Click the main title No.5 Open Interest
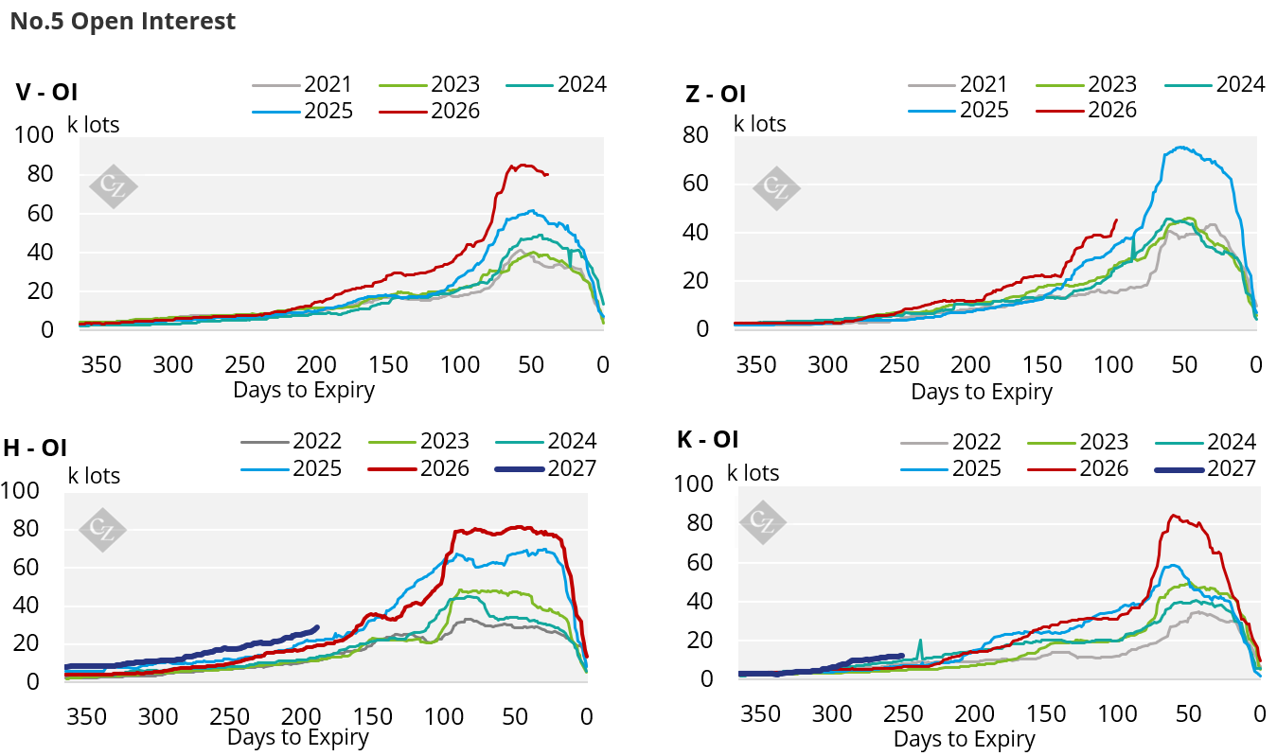point(122,22)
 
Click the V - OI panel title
point(46,93)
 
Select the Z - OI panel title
point(716,94)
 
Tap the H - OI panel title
point(35,448)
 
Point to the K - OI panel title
point(707,439)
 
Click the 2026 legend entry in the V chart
point(430,111)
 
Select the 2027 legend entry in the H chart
point(545,469)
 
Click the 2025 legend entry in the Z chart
point(958,110)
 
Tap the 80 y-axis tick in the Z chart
point(696,135)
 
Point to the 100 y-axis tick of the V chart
point(34,135)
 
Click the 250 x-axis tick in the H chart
point(229,716)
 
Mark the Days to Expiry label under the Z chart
point(982,392)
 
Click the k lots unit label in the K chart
point(753,473)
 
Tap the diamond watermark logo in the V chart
point(114,186)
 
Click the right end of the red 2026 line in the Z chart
point(1116,220)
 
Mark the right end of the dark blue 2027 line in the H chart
point(317,628)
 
